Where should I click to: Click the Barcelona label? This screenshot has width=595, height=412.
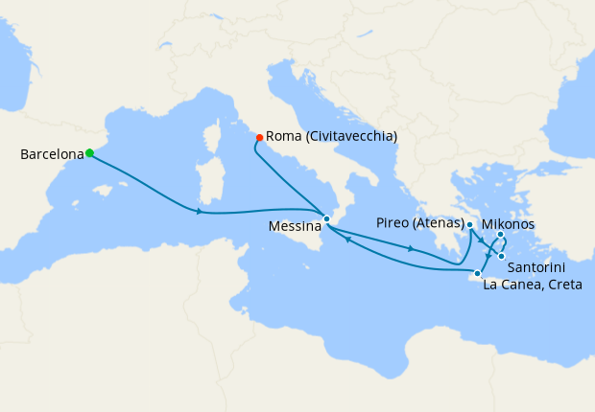pos(52,153)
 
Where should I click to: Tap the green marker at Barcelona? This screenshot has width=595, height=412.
pos(89,152)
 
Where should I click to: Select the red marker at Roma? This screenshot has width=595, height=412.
pos(259,138)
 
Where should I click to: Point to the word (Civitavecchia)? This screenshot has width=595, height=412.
pos(350,137)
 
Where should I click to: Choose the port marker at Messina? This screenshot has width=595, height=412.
pos(326,219)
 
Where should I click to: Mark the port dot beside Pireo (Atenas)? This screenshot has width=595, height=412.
pos(469,225)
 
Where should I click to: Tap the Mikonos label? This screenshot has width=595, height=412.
pos(508,224)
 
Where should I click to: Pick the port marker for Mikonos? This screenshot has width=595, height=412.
pos(501,235)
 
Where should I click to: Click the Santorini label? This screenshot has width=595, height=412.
pos(535,265)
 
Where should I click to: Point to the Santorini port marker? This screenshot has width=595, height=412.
pos(502,256)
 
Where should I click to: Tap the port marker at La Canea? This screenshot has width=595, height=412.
pos(477,274)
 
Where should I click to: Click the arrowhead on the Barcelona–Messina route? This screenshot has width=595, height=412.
pos(199,211)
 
